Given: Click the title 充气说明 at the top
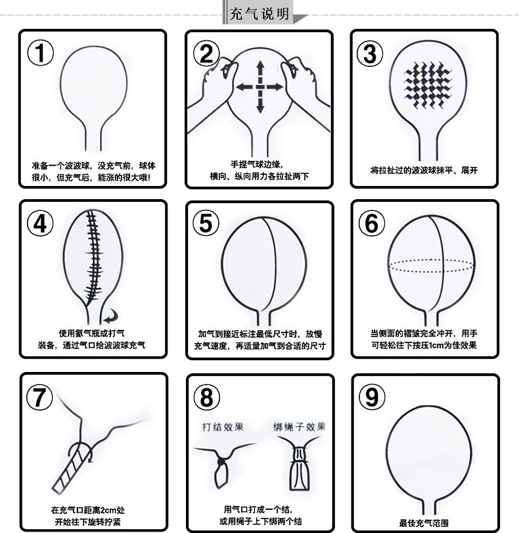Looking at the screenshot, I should click(259, 14).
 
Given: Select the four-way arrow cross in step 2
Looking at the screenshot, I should click(259, 86).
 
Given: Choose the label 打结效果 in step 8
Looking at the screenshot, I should click(223, 427).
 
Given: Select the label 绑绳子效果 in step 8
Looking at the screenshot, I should click(300, 427).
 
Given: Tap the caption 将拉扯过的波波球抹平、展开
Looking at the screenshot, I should click(424, 171).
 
